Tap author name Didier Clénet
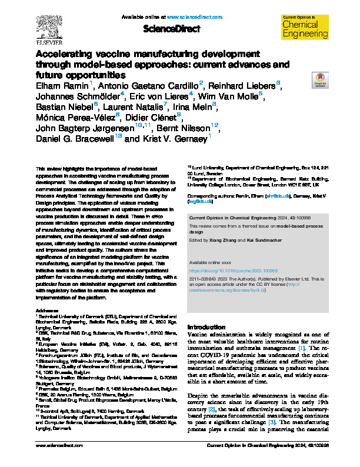point(164,116)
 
